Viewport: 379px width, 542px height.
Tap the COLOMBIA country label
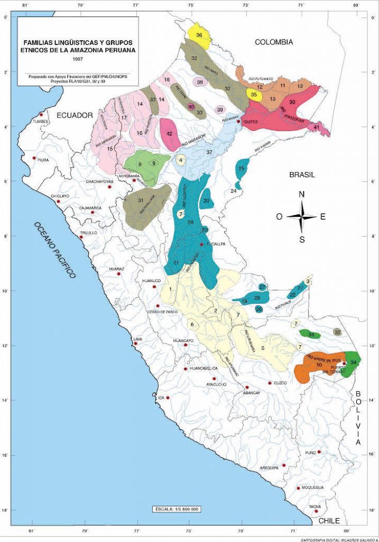273,42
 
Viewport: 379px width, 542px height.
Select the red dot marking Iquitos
238,121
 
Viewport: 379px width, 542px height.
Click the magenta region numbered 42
170,134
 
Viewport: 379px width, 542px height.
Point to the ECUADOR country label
75,115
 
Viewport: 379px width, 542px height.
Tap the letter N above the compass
302,194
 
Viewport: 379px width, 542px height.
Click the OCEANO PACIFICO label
55,249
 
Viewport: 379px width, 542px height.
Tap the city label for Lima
138,338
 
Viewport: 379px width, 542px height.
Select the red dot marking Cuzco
270,383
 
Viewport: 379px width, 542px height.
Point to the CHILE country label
329,521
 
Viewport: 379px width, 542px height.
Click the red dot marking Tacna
316,511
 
